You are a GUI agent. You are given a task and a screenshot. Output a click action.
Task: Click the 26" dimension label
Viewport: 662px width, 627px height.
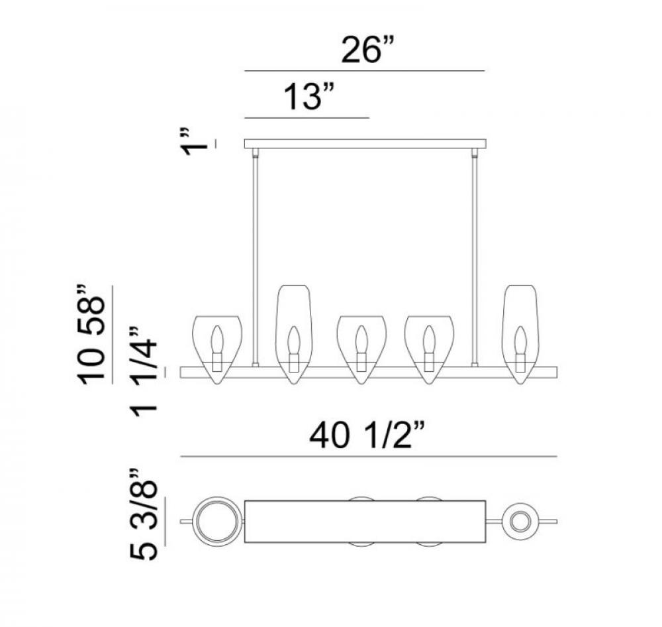point(367,50)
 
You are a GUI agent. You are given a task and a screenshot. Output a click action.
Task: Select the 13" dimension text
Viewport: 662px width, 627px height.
point(309,96)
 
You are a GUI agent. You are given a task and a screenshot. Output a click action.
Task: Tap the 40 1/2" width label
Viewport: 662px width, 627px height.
point(367,435)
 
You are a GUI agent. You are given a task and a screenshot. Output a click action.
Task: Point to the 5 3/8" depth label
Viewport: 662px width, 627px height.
point(144,514)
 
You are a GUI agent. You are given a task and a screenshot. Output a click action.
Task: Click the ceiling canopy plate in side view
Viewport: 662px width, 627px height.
point(365,144)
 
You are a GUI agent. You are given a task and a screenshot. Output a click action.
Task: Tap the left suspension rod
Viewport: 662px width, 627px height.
point(255,258)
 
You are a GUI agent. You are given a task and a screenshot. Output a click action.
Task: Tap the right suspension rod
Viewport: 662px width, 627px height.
point(475,258)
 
